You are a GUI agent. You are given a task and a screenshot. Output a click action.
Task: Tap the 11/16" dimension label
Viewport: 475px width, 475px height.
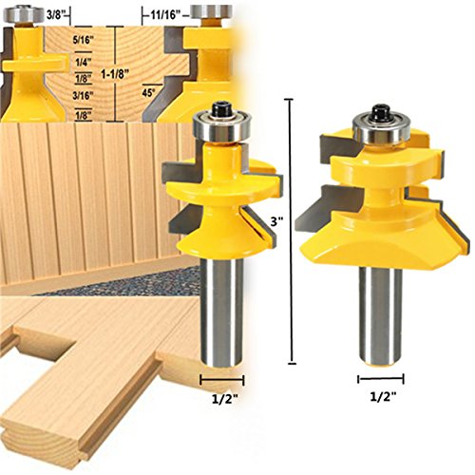tap(165, 15)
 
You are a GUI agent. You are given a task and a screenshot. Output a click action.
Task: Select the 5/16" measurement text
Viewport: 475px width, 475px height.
tap(84, 40)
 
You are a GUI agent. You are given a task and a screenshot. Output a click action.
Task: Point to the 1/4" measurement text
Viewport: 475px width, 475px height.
tap(84, 63)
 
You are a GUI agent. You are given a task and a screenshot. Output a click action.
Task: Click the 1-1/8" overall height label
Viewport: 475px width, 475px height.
tap(115, 74)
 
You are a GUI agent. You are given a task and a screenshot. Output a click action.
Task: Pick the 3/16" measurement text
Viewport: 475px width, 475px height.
tap(84, 95)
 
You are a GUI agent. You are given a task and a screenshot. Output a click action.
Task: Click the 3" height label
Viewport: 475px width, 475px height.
tap(276, 221)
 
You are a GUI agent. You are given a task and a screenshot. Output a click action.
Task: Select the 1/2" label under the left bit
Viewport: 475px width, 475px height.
tap(224, 399)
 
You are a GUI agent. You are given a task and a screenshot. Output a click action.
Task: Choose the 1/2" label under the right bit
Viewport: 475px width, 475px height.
tap(383, 396)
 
